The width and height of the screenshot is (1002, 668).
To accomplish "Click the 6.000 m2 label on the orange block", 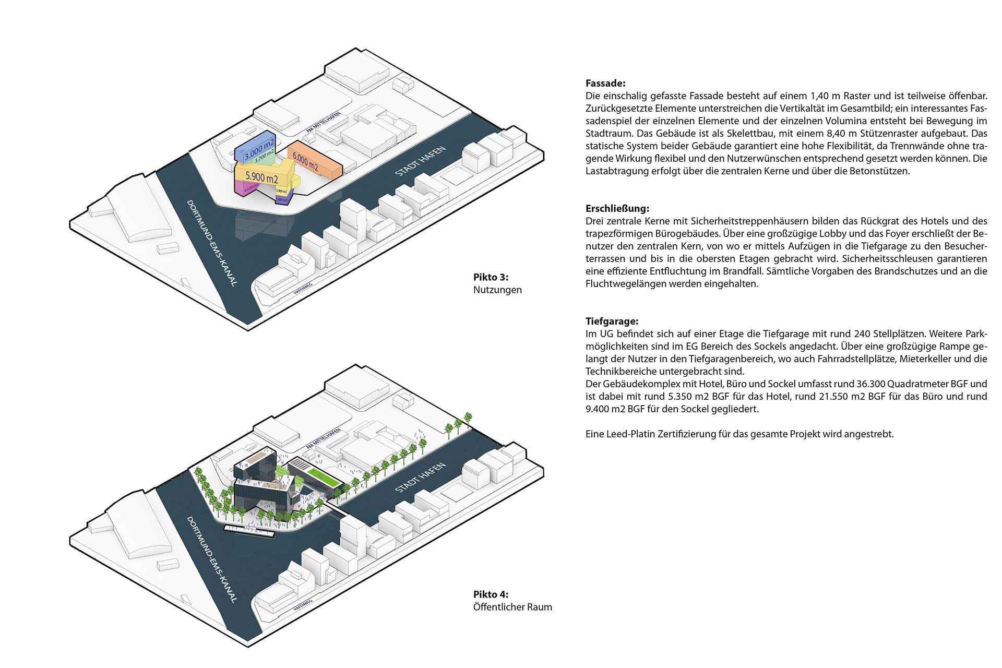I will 305,161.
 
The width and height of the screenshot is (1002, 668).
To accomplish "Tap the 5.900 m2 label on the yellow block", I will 262,177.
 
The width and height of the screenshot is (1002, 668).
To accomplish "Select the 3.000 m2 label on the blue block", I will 260,150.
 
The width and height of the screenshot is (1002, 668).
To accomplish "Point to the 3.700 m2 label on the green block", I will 265,155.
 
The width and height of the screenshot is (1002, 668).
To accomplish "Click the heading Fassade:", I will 605,83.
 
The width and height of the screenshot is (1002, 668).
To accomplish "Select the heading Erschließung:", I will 617,209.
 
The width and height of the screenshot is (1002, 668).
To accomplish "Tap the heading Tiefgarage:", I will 612,321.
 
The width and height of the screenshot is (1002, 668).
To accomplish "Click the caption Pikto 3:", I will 491,277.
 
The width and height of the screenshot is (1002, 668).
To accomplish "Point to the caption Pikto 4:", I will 491,594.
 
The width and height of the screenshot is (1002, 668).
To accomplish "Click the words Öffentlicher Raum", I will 512,607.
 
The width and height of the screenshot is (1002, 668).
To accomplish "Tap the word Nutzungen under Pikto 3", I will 497,290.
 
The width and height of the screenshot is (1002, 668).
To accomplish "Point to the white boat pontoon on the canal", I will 249,531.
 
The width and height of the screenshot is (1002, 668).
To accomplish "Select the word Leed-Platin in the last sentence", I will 629,434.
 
